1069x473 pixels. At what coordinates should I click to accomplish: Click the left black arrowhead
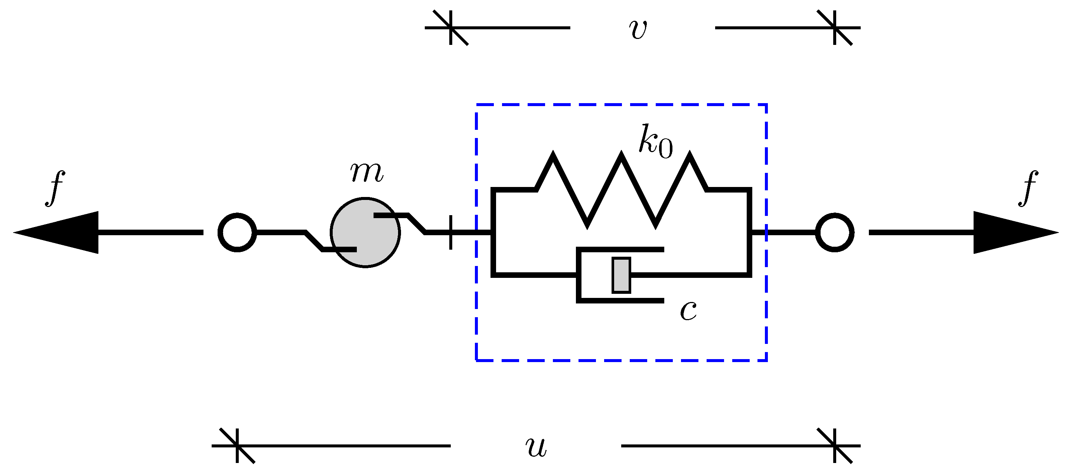pyautogui.click(x=62, y=233)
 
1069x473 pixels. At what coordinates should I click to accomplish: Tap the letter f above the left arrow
pyautogui.click(x=55, y=188)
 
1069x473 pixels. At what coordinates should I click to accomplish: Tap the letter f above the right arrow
pyautogui.click(x=1028, y=188)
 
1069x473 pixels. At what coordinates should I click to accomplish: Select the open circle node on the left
pyautogui.click(x=237, y=233)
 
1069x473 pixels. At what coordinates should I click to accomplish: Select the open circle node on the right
pyautogui.click(x=835, y=233)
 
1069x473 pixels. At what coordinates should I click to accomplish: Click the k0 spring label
pyautogui.click(x=655, y=141)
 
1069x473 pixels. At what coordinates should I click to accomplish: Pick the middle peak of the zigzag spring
pyautogui.click(x=621, y=155)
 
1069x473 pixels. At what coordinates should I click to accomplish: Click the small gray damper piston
pyautogui.click(x=621, y=275)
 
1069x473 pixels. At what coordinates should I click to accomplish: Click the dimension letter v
pyautogui.click(x=638, y=29)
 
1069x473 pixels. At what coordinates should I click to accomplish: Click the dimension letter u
pyautogui.click(x=536, y=447)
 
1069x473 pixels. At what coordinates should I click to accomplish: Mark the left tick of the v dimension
pyautogui.click(x=451, y=28)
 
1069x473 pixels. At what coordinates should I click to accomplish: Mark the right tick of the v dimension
pyautogui.click(x=835, y=28)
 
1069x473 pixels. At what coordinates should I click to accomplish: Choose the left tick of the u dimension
pyautogui.click(x=237, y=446)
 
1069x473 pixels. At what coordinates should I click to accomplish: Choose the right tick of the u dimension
pyautogui.click(x=835, y=446)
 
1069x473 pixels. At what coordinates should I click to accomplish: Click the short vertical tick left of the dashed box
pyautogui.click(x=451, y=233)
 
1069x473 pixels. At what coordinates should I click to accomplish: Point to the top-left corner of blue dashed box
pyautogui.click(x=476, y=105)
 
